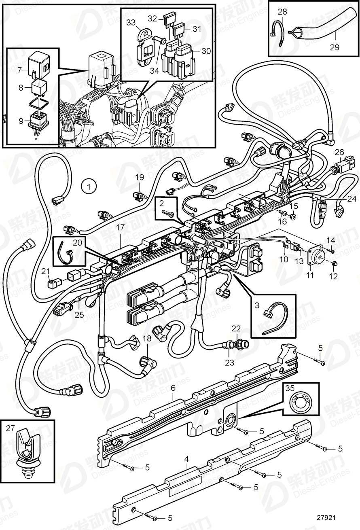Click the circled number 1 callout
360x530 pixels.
(89, 187)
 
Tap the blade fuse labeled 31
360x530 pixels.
(178, 29)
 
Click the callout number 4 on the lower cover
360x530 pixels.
(187, 460)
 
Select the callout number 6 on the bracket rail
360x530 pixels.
(173, 388)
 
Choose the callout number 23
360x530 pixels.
(230, 363)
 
